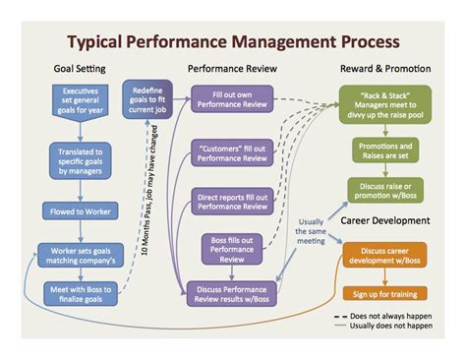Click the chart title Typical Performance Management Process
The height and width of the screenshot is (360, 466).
(233, 42)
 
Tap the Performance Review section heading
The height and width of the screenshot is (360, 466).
(232, 71)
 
